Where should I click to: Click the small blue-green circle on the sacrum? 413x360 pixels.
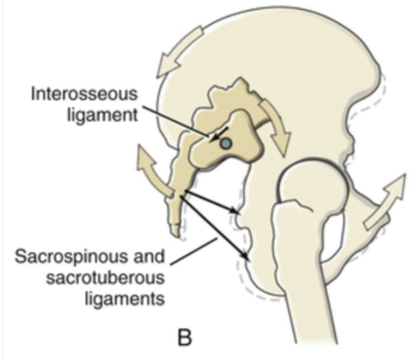224,145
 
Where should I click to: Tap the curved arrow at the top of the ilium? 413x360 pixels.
180,48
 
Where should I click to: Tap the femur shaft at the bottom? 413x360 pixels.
318,305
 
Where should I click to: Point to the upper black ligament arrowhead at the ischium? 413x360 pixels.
237,209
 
